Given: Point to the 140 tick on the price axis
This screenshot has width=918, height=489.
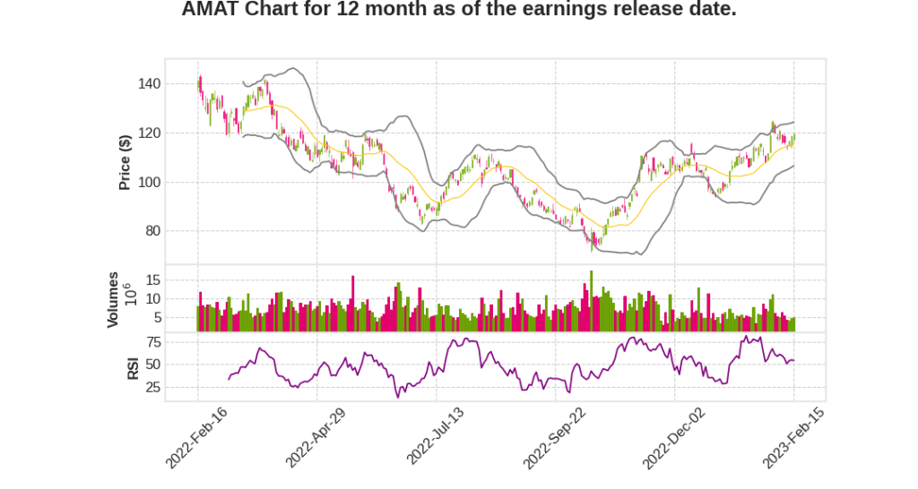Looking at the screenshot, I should [150, 84].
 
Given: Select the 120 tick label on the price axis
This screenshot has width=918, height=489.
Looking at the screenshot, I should [150, 133].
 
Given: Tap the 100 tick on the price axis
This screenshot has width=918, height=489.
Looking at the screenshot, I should [150, 182].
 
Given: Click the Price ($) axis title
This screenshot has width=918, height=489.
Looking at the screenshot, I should [126, 162].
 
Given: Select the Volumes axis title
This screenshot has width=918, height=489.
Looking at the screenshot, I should [113, 299].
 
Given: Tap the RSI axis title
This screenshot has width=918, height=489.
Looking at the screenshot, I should [133, 367].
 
